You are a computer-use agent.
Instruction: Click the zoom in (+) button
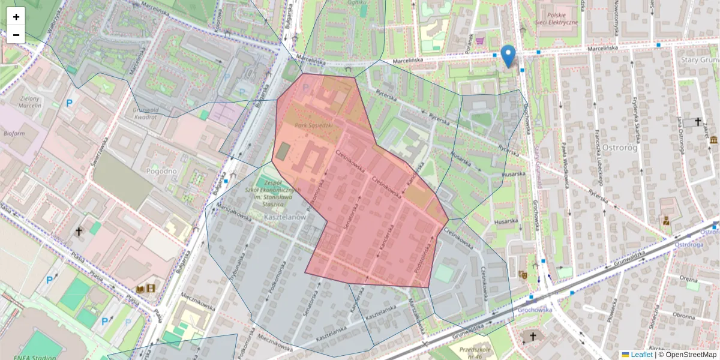16,17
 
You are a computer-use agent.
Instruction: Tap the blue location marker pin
508,56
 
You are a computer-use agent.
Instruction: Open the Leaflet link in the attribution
641,355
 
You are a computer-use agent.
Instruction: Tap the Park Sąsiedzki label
313,125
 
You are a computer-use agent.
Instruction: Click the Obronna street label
683,314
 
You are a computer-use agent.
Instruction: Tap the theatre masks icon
523,274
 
